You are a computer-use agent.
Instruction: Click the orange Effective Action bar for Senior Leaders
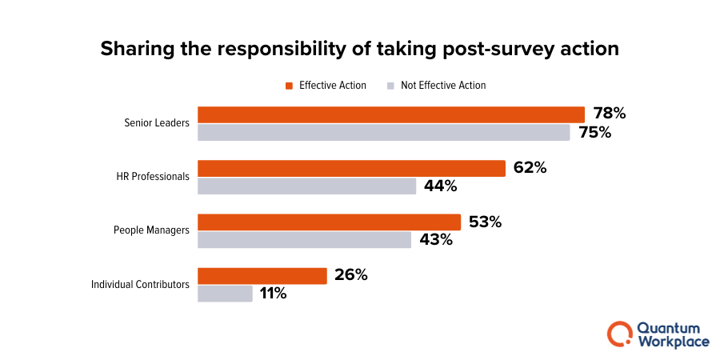pos(391,114)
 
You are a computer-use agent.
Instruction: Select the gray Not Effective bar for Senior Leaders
pos(383,133)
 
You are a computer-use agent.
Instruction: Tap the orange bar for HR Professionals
pos(351,168)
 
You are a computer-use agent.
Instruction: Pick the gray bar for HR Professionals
pos(306,186)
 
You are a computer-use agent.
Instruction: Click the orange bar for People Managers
pos(329,222)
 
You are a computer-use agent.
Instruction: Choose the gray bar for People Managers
pos(304,240)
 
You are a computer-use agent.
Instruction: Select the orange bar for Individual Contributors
pos(262,275)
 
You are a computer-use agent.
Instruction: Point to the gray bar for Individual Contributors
pos(225,294)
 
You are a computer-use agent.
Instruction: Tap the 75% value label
pos(594,133)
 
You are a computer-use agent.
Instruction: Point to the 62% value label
pos(530,168)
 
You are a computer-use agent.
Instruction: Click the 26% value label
pos(350,275)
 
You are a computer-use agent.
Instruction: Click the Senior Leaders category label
pos(157,123)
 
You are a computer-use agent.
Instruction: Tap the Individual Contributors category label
pos(140,284)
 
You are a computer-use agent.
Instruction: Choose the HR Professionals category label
pos(152,177)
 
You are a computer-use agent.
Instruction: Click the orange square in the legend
pos(290,86)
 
